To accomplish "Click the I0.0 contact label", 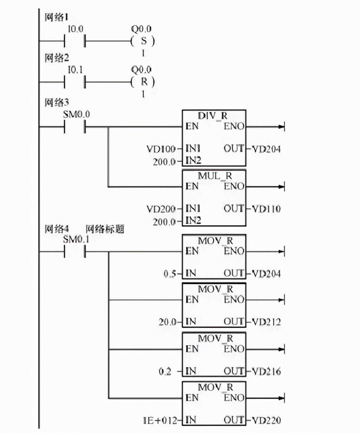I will click(x=75, y=29).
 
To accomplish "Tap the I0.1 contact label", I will click(x=75, y=70).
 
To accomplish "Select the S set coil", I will click(x=143, y=41).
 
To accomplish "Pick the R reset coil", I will click(x=143, y=82).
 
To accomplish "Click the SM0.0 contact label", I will click(x=77, y=114).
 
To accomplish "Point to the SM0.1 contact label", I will click(x=77, y=239).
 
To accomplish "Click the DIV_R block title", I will click(x=213, y=116).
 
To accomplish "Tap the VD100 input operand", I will click(x=161, y=149).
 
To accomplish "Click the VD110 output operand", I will click(x=266, y=209).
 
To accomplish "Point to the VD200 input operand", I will click(x=161, y=209).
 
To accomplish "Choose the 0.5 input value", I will click(x=170, y=274).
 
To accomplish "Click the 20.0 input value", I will click(x=168, y=322).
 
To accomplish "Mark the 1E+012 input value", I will click(x=160, y=421).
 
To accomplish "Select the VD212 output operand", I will click(x=266, y=322).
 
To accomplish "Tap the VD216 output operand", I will click(x=266, y=372).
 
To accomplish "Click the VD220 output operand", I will click(x=266, y=421).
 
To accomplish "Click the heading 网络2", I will click(x=57, y=58).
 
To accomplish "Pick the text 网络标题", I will click(x=105, y=229).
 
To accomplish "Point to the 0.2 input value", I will click(x=165, y=372).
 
